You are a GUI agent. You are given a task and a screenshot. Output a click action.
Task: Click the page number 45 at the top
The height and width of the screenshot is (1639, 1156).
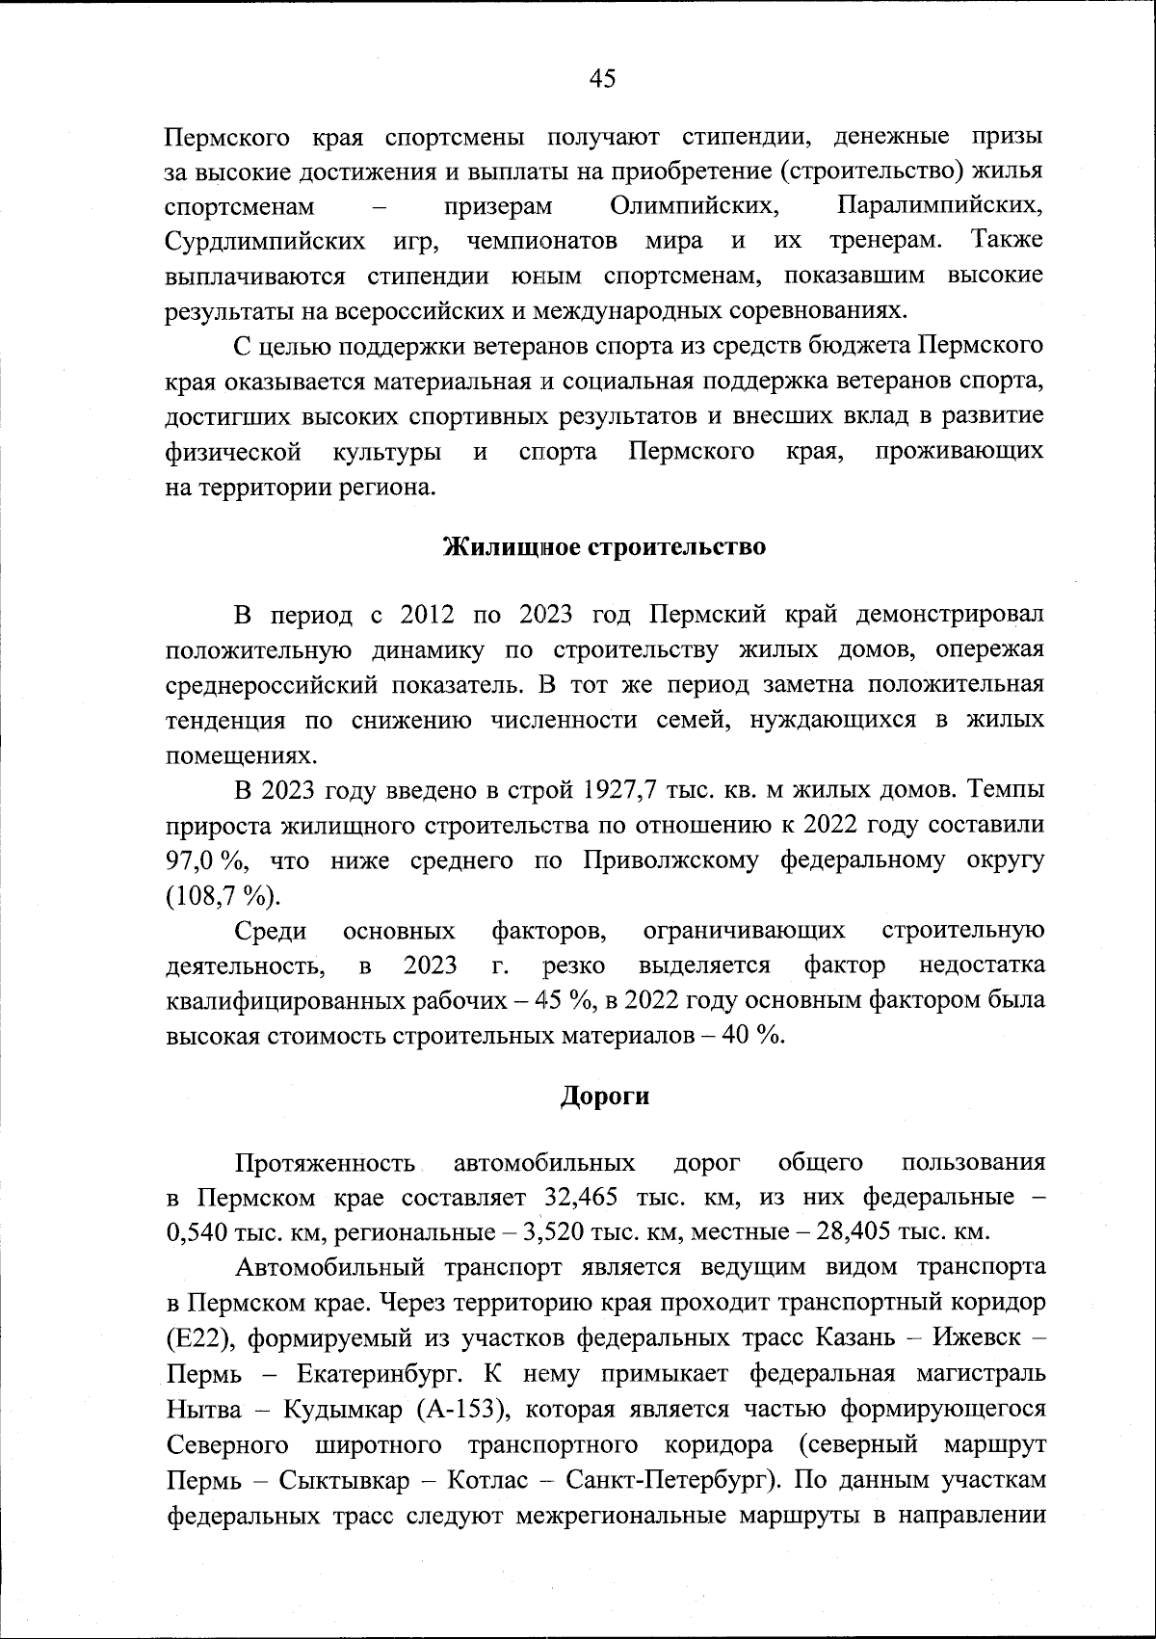coord(601,79)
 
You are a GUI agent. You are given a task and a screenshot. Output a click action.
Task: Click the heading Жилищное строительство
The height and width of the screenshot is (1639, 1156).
coord(604,547)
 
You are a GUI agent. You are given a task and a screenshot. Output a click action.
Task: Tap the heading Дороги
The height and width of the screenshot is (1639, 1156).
coord(605,1096)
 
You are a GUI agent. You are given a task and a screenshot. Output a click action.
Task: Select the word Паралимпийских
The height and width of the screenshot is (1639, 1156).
coord(940,206)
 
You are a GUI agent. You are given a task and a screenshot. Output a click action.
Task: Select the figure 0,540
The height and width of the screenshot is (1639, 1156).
coord(199,1232)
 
